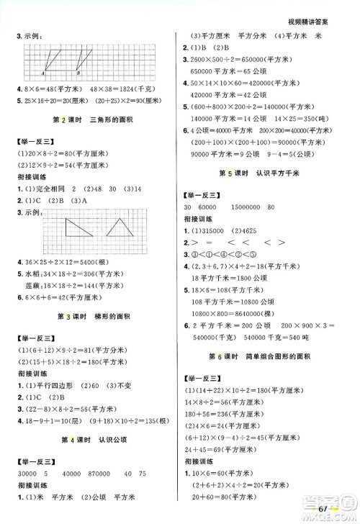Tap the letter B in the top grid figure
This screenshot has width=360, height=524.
pos(78,73)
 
